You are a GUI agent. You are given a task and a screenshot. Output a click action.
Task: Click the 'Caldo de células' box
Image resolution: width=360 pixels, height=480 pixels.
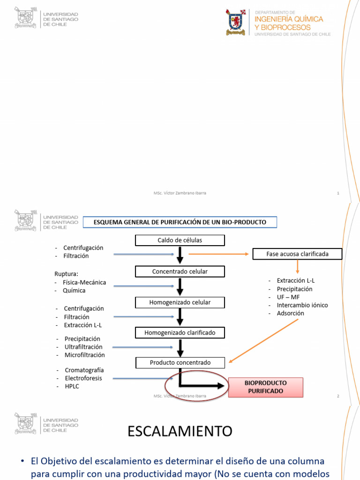[180, 240]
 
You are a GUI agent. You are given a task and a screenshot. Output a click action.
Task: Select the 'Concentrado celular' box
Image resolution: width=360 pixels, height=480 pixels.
[180, 271]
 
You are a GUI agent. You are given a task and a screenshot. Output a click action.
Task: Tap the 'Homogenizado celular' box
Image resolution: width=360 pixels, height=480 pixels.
[180, 302]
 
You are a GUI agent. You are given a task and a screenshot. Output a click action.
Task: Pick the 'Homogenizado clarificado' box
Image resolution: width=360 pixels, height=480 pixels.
[180, 333]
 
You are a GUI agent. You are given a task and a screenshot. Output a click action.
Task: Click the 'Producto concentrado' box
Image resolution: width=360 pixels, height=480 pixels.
[180, 362]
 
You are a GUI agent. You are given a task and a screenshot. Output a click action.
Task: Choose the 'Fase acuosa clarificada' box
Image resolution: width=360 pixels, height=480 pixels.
[297, 254]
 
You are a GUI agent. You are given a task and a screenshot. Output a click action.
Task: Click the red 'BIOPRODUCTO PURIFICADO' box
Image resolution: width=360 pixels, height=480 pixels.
[265, 387]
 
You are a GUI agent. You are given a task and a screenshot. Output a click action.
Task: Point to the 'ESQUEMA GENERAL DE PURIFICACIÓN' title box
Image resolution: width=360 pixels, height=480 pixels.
[180, 222]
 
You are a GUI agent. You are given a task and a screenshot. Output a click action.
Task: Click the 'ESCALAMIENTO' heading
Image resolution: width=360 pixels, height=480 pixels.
[180, 431]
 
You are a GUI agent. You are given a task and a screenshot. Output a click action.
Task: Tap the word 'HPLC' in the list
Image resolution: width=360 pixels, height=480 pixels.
[72, 386]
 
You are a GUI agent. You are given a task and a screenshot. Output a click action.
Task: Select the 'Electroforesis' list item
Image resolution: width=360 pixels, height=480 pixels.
[83, 378]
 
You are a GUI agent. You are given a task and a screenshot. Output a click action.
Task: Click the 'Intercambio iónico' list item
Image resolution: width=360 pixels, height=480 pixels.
[302, 305]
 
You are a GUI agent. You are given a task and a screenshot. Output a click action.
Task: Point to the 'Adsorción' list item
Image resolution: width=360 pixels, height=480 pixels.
[290, 313]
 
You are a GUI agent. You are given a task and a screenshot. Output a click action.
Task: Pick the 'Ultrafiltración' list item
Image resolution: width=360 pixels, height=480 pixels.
[83, 347]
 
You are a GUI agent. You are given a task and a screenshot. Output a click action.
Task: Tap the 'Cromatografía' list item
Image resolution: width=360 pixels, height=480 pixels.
[84, 370]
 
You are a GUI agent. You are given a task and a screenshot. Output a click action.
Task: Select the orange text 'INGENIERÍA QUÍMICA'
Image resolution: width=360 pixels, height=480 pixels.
[289, 19]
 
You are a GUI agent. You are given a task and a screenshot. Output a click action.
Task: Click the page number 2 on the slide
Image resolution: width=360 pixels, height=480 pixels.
[337, 396]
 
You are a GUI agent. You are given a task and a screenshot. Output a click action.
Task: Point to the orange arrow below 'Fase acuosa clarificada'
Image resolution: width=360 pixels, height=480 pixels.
[297, 267]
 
